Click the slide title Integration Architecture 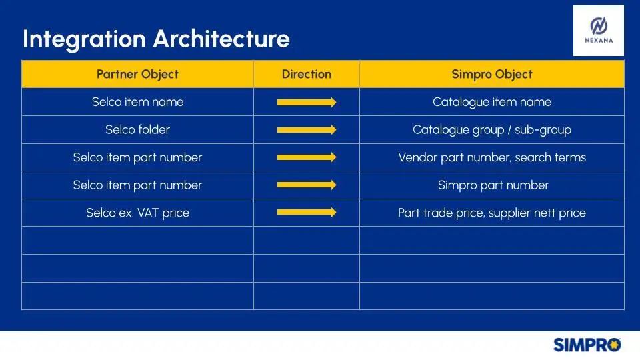tap(156, 39)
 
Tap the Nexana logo tap(599, 31)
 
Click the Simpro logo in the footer tap(587, 345)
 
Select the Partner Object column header tap(137, 74)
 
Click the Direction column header tap(307, 74)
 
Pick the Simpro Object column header tap(492, 74)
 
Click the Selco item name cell tap(137, 102)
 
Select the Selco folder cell tap(137, 130)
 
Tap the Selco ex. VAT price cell tap(137, 213)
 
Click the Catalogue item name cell tap(492, 102)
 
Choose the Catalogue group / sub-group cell tap(492, 130)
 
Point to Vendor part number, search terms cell tap(492, 157)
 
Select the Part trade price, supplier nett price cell tap(492, 213)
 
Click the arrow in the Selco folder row tap(307, 130)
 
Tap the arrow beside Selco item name tap(307, 102)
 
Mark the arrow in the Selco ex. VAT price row tap(307, 212)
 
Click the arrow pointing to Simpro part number tap(307, 185)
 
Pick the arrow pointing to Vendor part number tap(307, 157)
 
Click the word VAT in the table tap(148, 213)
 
